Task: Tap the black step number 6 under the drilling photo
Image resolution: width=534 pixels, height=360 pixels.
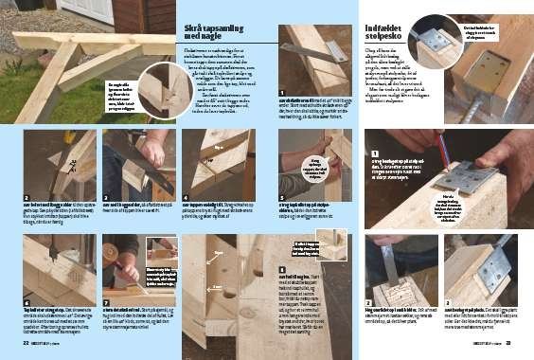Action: pos(27,307)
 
